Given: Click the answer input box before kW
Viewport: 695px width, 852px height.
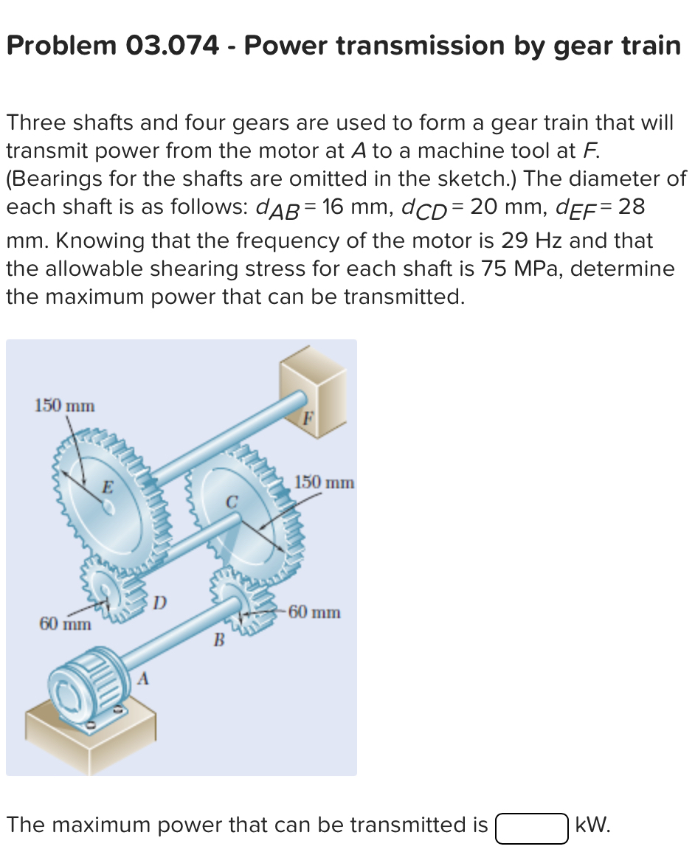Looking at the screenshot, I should [x=531, y=826].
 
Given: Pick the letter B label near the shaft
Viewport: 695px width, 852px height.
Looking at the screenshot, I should [x=218, y=640].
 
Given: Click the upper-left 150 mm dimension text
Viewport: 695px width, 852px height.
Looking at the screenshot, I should [x=65, y=405].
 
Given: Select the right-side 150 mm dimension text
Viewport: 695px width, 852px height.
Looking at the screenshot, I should [x=325, y=483].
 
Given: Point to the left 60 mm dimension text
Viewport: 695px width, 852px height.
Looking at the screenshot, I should [x=65, y=624].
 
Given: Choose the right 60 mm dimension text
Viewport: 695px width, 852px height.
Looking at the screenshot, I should [x=315, y=612].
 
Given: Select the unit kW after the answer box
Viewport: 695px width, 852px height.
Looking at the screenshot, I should [x=592, y=825].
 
